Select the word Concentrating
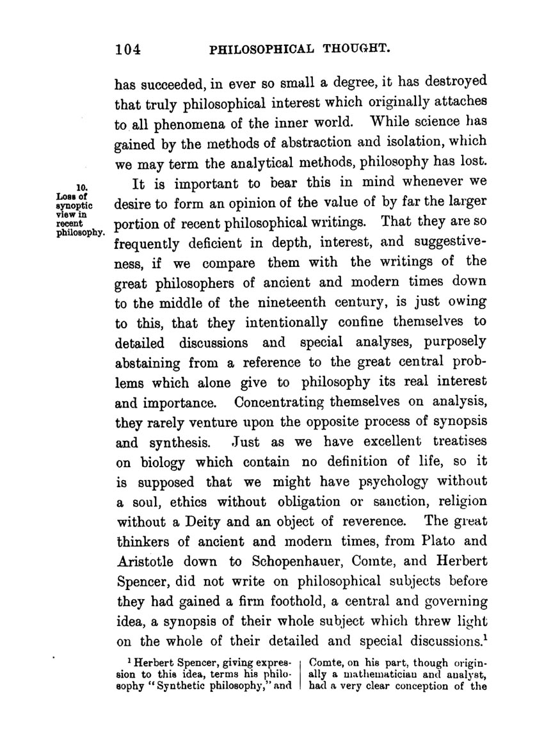pos(280,404)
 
